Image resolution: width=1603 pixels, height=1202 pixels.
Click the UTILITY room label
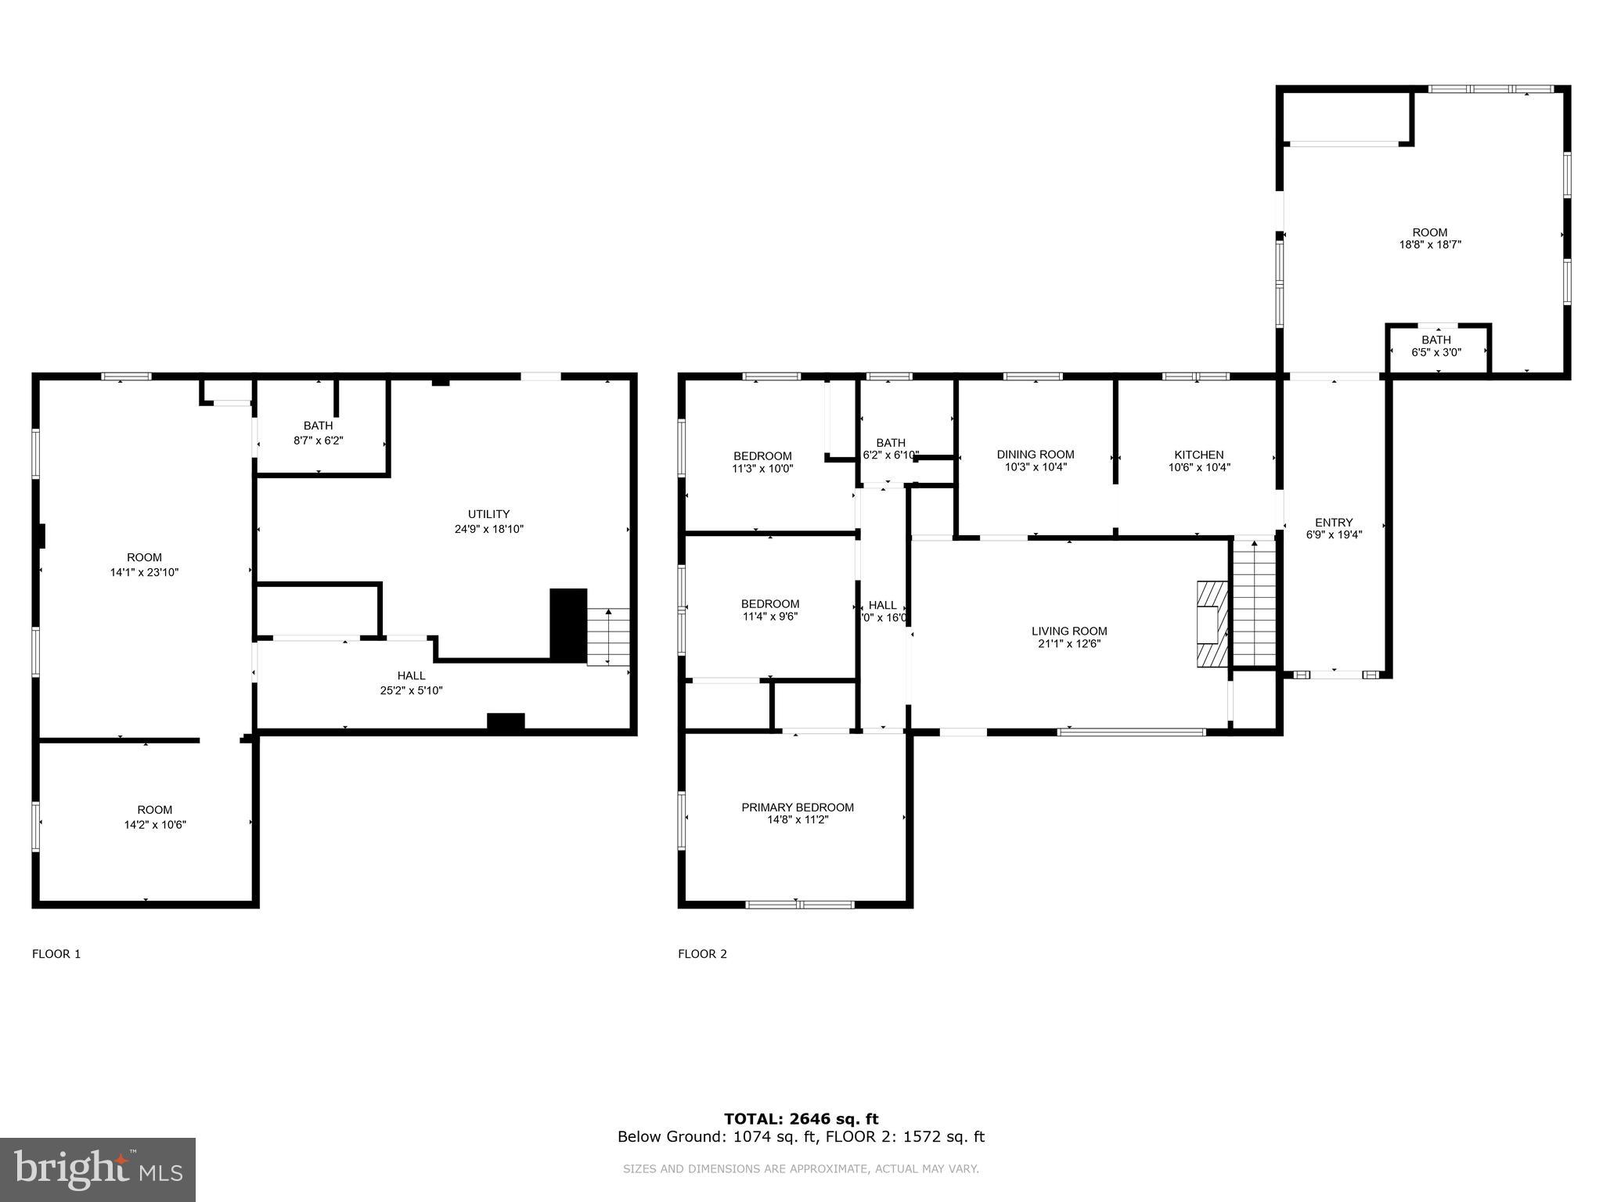pyautogui.click(x=488, y=514)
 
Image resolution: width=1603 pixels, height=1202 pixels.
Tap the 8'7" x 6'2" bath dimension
pyautogui.click(x=318, y=441)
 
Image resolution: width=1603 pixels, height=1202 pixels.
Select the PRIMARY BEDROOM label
pyautogui.click(x=797, y=807)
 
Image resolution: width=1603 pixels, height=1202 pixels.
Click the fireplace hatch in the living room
pyautogui.click(x=1211, y=624)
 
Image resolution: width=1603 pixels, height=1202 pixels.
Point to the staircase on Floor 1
pyautogui.click(x=609, y=635)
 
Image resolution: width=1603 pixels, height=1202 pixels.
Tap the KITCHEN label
pyautogui.click(x=1198, y=455)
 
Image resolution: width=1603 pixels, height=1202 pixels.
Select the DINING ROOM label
pyautogui.click(x=1035, y=455)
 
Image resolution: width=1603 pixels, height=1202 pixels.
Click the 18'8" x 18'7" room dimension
pyautogui.click(x=1429, y=245)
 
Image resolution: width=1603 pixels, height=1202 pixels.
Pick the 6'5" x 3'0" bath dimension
pyautogui.click(x=1435, y=353)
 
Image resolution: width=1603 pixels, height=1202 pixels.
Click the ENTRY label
pyautogui.click(x=1333, y=523)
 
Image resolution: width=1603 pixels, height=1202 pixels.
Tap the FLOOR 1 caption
pyautogui.click(x=56, y=954)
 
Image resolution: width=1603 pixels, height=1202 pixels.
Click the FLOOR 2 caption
pyautogui.click(x=702, y=954)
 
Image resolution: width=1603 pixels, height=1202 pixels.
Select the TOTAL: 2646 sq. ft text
pyautogui.click(x=801, y=1119)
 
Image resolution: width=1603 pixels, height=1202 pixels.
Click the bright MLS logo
pyautogui.click(x=97, y=1169)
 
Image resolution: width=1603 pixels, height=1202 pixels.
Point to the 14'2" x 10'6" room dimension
pyautogui.click(x=155, y=825)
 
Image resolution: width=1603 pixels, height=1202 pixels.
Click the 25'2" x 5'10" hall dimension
pyautogui.click(x=411, y=690)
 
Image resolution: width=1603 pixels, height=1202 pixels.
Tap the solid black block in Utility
pyautogui.click(x=568, y=625)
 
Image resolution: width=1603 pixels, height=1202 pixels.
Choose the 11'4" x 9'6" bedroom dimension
pyautogui.click(x=769, y=617)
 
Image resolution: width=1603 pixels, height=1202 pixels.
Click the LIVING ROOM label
pyautogui.click(x=1068, y=631)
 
